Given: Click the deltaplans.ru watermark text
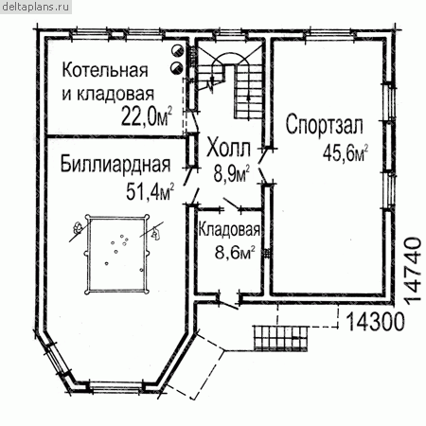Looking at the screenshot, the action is [35, 7].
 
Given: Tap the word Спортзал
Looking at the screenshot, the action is [325, 125].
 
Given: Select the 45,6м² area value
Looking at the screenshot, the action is [346, 153].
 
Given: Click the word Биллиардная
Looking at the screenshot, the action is [115, 164].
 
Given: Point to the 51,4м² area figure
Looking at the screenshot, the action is [150, 191].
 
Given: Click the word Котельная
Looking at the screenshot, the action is [105, 70].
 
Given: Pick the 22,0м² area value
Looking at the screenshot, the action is [147, 116].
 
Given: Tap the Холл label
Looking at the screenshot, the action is [228, 149].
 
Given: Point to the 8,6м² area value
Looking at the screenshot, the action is [235, 252].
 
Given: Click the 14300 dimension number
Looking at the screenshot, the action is [375, 322].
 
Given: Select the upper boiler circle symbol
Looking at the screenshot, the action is [177, 51].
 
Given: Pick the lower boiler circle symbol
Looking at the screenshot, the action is [176, 67].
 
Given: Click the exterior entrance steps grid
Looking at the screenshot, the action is [280, 338].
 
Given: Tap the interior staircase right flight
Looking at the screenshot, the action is [248, 92].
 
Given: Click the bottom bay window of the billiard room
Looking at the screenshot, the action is [116, 386].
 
